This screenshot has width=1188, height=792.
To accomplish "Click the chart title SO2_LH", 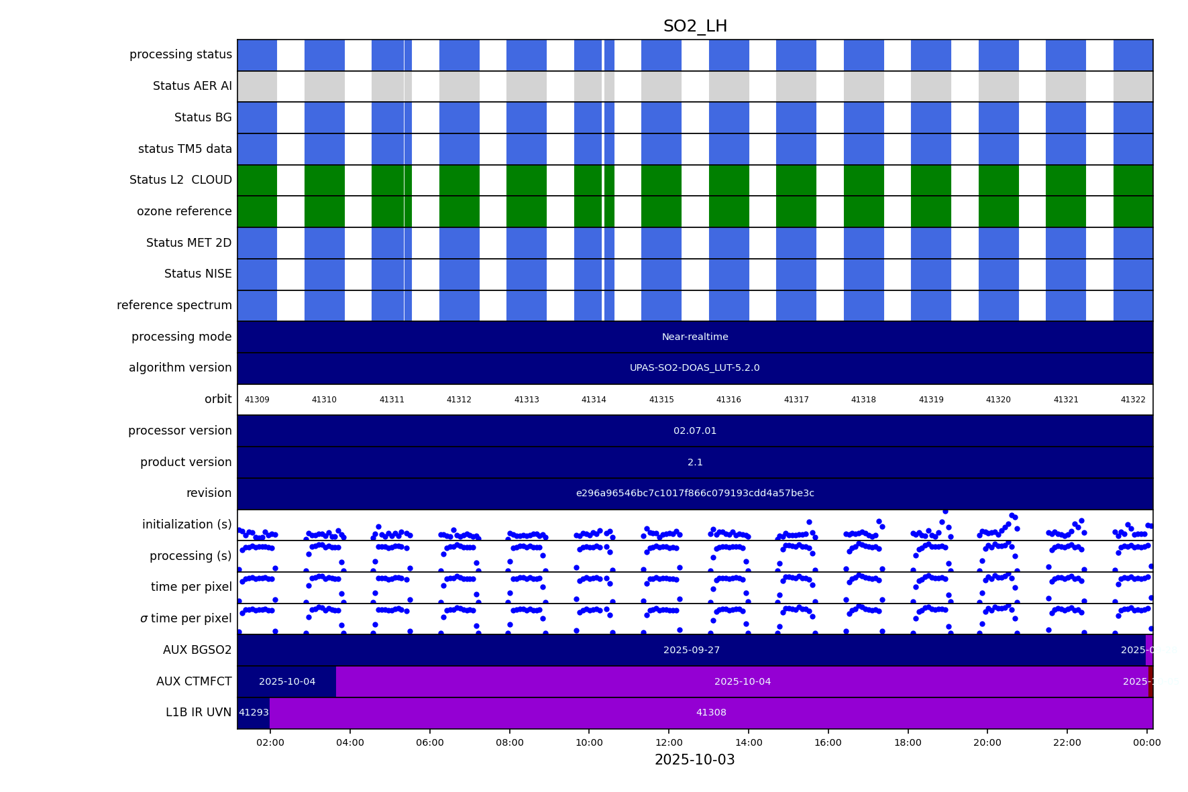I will [695, 27].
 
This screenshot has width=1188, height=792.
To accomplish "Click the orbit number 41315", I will [661, 400].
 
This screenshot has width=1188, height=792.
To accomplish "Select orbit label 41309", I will [257, 400].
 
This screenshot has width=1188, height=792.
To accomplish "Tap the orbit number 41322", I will [1133, 400].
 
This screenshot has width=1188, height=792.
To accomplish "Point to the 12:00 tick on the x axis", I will [669, 742].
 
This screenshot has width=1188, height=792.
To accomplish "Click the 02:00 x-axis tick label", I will [270, 742].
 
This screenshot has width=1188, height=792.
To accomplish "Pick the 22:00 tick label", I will [1067, 742].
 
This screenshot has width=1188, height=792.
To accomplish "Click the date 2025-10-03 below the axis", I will [695, 760].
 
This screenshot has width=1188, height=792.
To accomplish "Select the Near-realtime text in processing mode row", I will [695, 337].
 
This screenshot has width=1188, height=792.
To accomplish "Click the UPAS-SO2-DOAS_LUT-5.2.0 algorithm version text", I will [695, 368].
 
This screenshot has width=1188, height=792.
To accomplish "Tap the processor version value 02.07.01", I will [695, 431].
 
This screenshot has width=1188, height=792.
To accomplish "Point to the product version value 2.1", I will [695, 462].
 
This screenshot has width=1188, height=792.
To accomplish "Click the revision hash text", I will [695, 494].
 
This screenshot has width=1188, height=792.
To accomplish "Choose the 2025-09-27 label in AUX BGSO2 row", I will [692, 650].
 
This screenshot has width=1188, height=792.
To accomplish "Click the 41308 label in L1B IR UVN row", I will [711, 713].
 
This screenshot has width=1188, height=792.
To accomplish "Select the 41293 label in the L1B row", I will [254, 713].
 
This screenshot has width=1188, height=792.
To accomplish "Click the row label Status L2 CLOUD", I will [180, 180].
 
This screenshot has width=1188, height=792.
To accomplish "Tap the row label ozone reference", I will [184, 211].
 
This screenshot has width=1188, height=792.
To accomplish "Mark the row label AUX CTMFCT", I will [194, 681].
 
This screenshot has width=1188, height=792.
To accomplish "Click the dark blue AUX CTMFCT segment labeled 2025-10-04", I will [287, 681].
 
